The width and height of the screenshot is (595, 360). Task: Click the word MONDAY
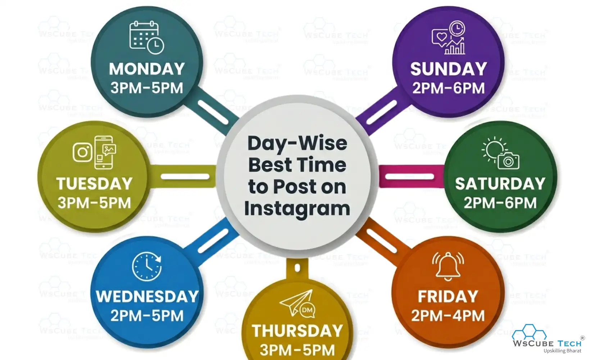(x=147, y=69)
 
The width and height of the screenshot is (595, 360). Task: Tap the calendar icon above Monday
(x=146, y=37)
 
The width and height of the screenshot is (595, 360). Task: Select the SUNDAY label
(x=448, y=69)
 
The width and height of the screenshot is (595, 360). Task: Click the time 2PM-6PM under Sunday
(x=448, y=88)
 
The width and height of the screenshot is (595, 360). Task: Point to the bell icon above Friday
(x=448, y=266)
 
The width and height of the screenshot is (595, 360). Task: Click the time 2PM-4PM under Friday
(x=448, y=316)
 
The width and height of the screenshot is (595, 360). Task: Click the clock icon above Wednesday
(x=147, y=267)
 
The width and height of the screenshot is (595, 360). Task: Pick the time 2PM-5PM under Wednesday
(x=147, y=316)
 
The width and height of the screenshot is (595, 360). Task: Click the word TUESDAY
(x=94, y=184)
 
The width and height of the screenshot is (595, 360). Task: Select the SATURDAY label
(x=500, y=184)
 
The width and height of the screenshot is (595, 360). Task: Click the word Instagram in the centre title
(x=297, y=209)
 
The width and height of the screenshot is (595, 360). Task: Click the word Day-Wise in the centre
(x=297, y=143)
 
